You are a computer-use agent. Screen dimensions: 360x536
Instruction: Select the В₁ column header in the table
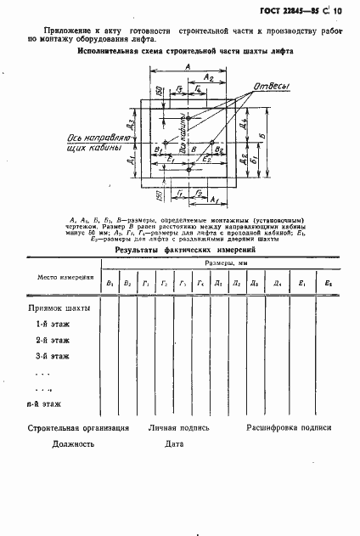(x=108, y=283)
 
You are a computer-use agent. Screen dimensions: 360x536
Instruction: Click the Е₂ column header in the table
(x=329, y=283)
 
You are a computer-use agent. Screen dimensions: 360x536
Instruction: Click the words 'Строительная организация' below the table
(x=78, y=428)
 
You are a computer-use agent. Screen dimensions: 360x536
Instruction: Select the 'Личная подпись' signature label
(x=178, y=428)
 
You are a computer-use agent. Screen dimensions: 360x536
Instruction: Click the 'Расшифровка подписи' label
(x=290, y=428)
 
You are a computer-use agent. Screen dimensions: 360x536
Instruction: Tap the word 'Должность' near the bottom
(x=73, y=444)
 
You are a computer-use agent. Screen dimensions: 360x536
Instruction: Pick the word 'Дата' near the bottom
(x=175, y=444)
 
